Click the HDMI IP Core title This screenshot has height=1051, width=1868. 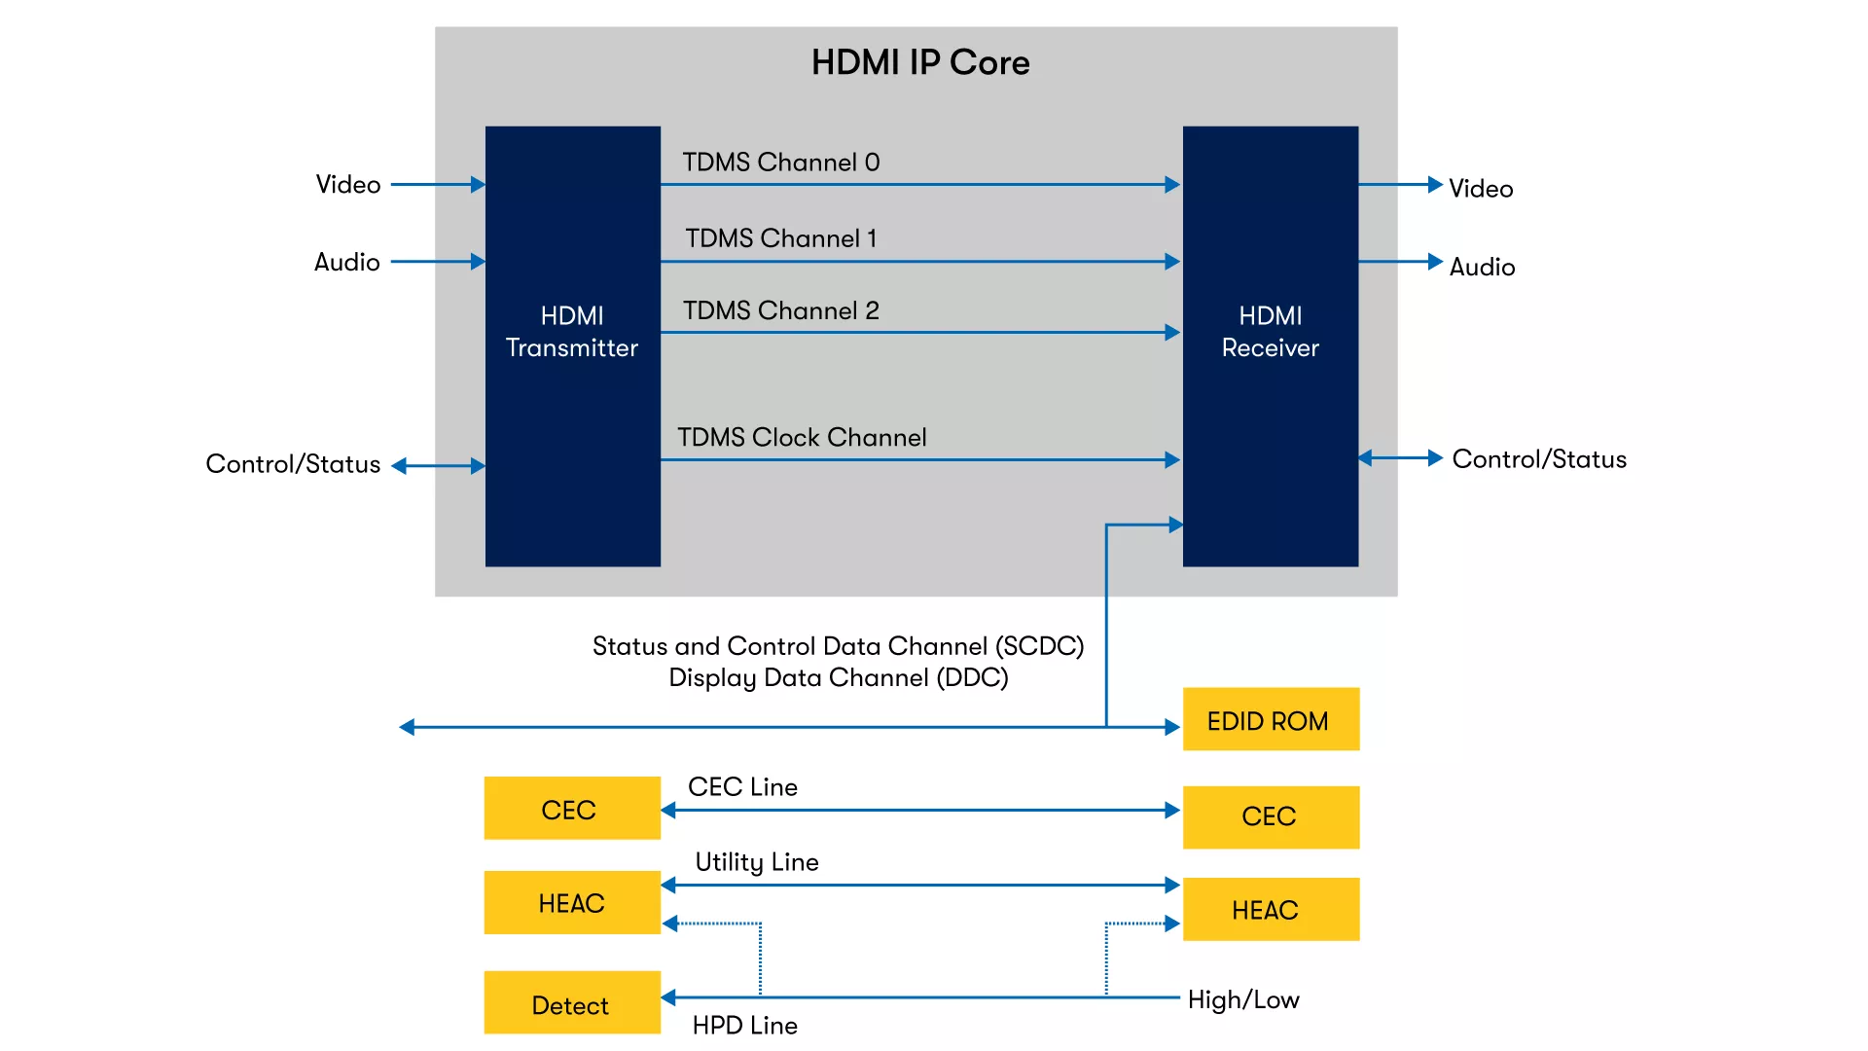pos(920,62)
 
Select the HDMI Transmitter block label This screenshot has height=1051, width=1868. pos(572,332)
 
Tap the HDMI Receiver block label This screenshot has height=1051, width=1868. pos(1270,332)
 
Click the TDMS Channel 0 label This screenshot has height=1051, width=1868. pos(781,163)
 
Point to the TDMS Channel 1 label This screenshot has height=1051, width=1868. pos(781,238)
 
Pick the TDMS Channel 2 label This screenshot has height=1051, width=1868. pos(781,310)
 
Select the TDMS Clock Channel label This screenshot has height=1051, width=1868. pos(802,438)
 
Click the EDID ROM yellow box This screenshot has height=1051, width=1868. pos(1271,720)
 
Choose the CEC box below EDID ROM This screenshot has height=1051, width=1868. pos(1271,816)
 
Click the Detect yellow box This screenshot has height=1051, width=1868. pos(572,1003)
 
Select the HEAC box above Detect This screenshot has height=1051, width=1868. pos(572,903)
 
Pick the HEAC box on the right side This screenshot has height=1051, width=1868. pos(1271,910)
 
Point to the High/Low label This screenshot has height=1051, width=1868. pos(1243,999)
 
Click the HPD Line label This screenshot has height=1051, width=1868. pos(745,1026)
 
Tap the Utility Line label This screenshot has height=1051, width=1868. pos(757,862)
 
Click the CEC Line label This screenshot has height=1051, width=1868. pos(743,787)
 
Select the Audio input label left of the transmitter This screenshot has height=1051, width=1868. pos(347,263)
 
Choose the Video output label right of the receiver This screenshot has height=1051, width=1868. pos(1481,189)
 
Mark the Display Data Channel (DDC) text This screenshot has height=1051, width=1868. pos(839,678)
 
